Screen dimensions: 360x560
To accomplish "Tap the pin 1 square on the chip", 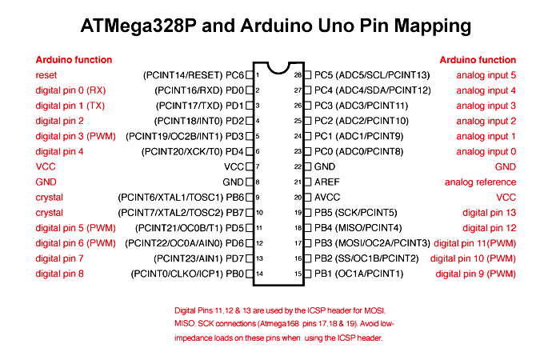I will pos(250,74).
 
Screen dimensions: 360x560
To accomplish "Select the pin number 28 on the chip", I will pos(298,74).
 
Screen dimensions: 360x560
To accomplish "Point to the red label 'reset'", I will pos(47,74).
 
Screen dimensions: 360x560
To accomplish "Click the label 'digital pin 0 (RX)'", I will pos(70,90).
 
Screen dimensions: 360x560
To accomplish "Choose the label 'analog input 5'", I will pos(486,74).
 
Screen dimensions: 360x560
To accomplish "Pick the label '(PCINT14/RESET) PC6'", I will pos(193,74).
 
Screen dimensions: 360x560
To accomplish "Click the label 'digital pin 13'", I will pos(490,213).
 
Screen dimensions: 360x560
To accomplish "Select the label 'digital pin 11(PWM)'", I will pos(475,243).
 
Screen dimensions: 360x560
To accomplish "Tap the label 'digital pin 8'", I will pos(59,274).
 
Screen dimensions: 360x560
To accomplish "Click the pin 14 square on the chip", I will pos(250,274).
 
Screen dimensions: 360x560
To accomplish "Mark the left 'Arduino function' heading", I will pos(74,59).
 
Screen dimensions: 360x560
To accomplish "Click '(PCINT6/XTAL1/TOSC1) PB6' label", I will pos(181,198).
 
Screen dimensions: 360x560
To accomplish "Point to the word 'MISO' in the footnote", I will pos(185,323).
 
